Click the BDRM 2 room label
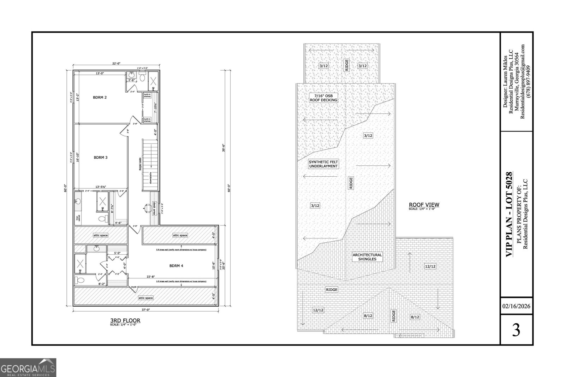[100, 98]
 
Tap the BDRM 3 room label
[100, 158]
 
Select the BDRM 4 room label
[176, 266]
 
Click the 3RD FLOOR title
[125, 321]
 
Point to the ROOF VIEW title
[424, 205]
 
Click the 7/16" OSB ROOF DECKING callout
[323, 98]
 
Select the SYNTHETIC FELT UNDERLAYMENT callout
[323, 164]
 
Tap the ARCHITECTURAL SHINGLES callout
[367, 257]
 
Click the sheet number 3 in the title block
[516, 330]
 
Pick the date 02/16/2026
[516, 306]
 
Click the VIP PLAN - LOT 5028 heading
[509, 214]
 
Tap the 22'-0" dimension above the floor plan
[117, 64]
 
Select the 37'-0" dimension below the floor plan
[146, 310]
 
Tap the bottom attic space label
[145, 298]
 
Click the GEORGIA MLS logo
[28, 367]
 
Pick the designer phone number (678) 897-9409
[528, 82]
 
